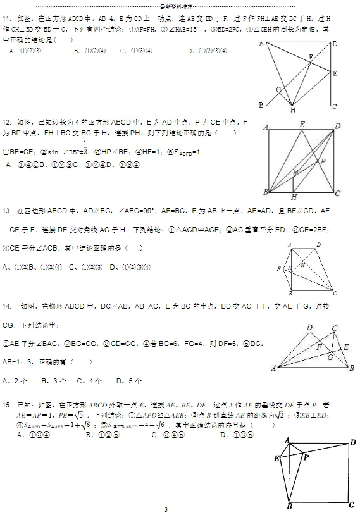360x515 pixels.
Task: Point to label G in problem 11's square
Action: pos(278,90)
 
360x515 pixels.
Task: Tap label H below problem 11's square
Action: pos(293,110)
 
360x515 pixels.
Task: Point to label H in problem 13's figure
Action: pos(302,265)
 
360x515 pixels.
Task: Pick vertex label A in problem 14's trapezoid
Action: pos(273,368)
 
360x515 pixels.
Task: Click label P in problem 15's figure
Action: pos(306,456)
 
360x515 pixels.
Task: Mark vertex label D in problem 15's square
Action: pos(352,442)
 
